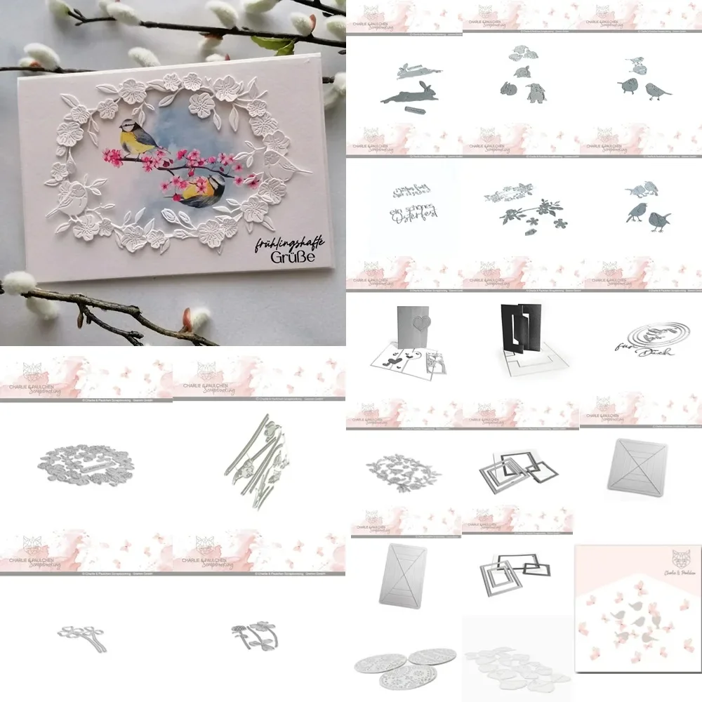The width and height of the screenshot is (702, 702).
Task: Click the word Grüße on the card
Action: click(x=293, y=258)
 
